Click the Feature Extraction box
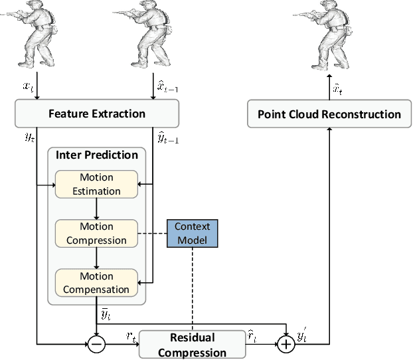click(x=97, y=114)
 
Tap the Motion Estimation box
click(x=96, y=184)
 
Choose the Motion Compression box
click(x=96, y=233)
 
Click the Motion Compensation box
click(x=96, y=282)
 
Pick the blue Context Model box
click(x=192, y=233)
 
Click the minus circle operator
click(x=97, y=344)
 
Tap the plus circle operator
click(x=286, y=344)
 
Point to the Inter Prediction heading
click(x=97, y=155)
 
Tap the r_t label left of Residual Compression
click(x=131, y=337)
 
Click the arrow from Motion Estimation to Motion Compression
click(x=97, y=209)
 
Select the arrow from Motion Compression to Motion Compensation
click(x=97, y=258)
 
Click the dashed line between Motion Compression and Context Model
click(x=151, y=233)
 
